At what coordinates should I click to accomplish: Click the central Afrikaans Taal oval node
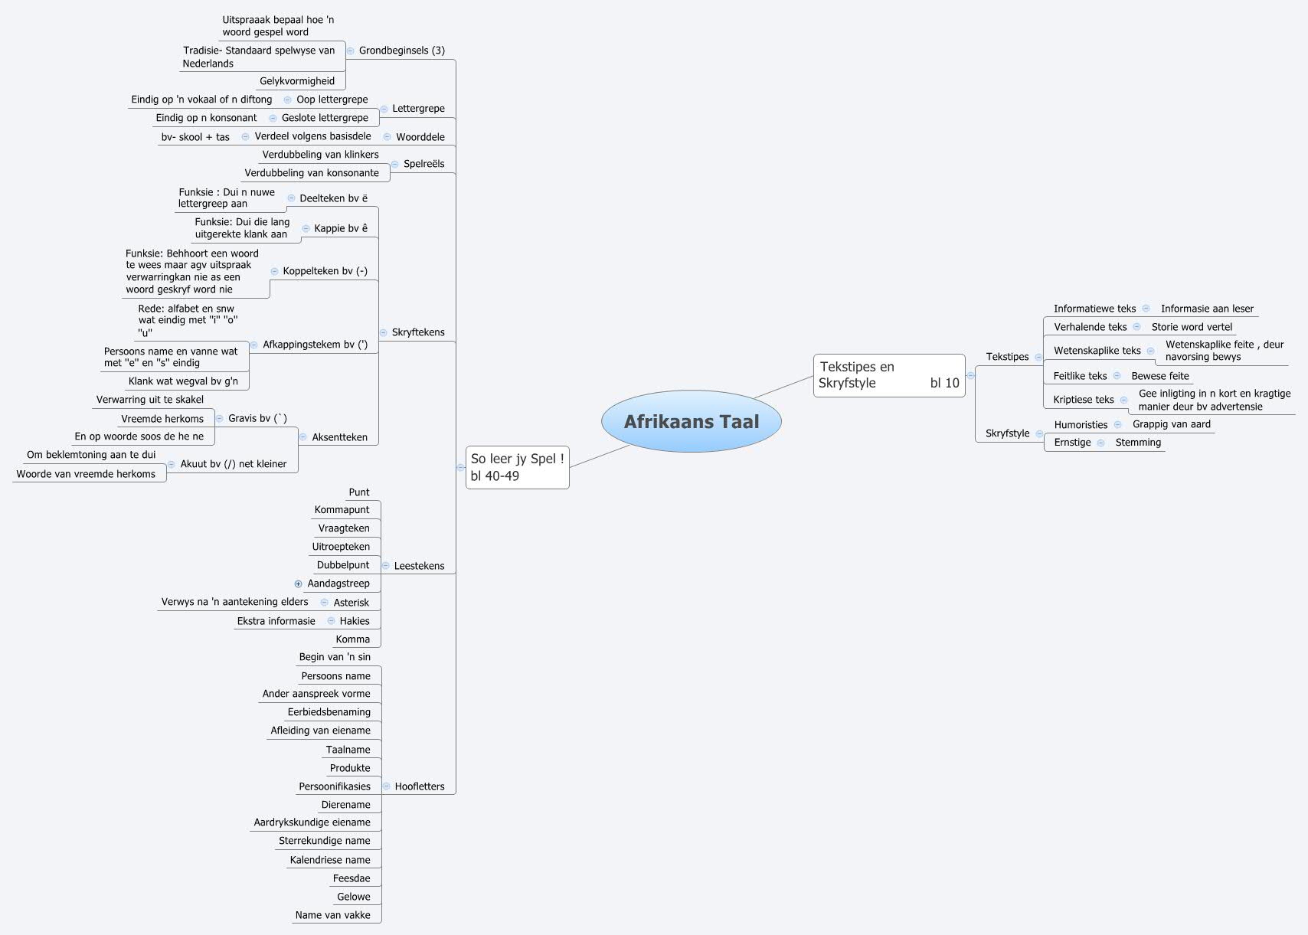pyautogui.click(x=691, y=421)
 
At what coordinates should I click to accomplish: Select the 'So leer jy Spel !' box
pyautogui.click(x=517, y=467)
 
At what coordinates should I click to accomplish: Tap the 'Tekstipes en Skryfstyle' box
pyautogui.click(x=888, y=375)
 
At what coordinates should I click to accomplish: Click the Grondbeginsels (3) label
pyautogui.click(x=401, y=51)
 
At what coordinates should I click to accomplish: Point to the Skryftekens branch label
pyautogui.click(x=417, y=332)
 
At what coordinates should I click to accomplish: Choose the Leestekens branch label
pyautogui.click(x=419, y=566)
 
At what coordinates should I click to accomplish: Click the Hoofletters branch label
pyautogui.click(x=419, y=786)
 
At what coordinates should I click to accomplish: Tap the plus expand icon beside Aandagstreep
pyautogui.click(x=299, y=584)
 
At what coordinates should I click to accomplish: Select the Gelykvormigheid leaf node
pyautogui.click(x=297, y=81)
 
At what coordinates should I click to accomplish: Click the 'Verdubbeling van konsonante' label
pyautogui.click(x=312, y=173)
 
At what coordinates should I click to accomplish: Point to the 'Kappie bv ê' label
pyautogui.click(x=341, y=228)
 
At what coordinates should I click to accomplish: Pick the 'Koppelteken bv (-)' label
pyautogui.click(x=325, y=271)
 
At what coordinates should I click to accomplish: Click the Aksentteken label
pyautogui.click(x=339, y=437)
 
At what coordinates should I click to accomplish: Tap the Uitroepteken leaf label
pyautogui.click(x=341, y=547)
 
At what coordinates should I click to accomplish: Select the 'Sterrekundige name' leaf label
pyautogui.click(x=324, y=841)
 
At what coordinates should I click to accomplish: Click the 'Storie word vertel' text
pyautogui.click(x=1192, y=327)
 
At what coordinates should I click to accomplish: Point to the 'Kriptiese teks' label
pyautogui.click(x=1083, y=400)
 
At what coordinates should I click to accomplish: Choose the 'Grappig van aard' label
pyautogui.click(x=1172, y=424)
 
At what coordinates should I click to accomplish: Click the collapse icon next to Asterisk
pyautogui.click(x=325, y=603)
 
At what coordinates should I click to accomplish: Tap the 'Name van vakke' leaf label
pyautogui.click(x=332, y=915)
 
